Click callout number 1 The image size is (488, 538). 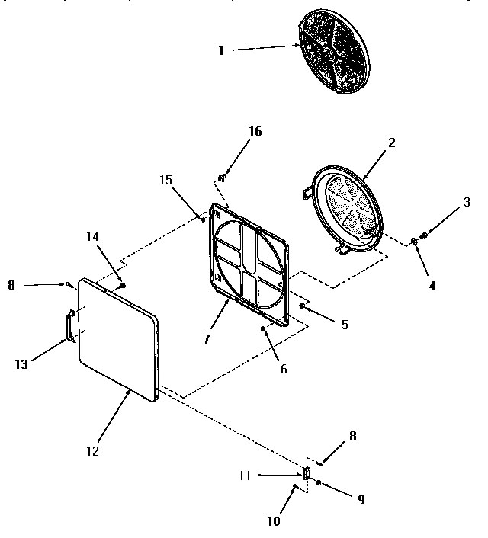(x=220, y=50)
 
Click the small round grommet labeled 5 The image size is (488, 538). (x=302, y=306)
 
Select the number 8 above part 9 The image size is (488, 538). (x=352, y=437)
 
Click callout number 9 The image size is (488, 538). (x=361, y=500)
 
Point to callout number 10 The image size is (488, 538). (x=274, y=521)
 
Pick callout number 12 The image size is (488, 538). (x=91, y=450)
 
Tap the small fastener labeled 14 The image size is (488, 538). (x=120, y=285)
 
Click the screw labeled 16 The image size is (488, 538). (x=222, y=178)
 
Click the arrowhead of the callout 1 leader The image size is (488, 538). (x=300, y=47)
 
